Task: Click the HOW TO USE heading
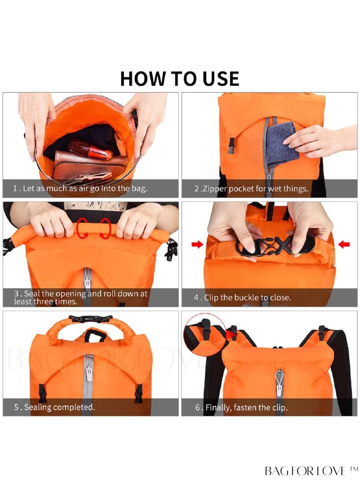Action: click(x=180, y=78)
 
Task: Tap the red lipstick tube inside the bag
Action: click(x=90, y=149)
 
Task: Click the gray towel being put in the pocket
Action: click(x=282, y=145)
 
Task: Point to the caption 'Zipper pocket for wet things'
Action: click(x=251, y=188)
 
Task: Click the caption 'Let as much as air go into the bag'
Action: click(x=80, y=188)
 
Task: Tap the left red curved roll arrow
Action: click(x=82, y=228)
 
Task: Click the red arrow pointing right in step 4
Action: click(x=197, y=244)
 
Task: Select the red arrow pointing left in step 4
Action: click(x=344, y=244)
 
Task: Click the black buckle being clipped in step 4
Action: click(x=276, y=247)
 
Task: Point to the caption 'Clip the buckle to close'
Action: click(x=243, y=297)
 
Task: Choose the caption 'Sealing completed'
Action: click(x=54, y=407)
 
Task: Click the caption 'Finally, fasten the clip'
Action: click(x=241, y=408)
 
